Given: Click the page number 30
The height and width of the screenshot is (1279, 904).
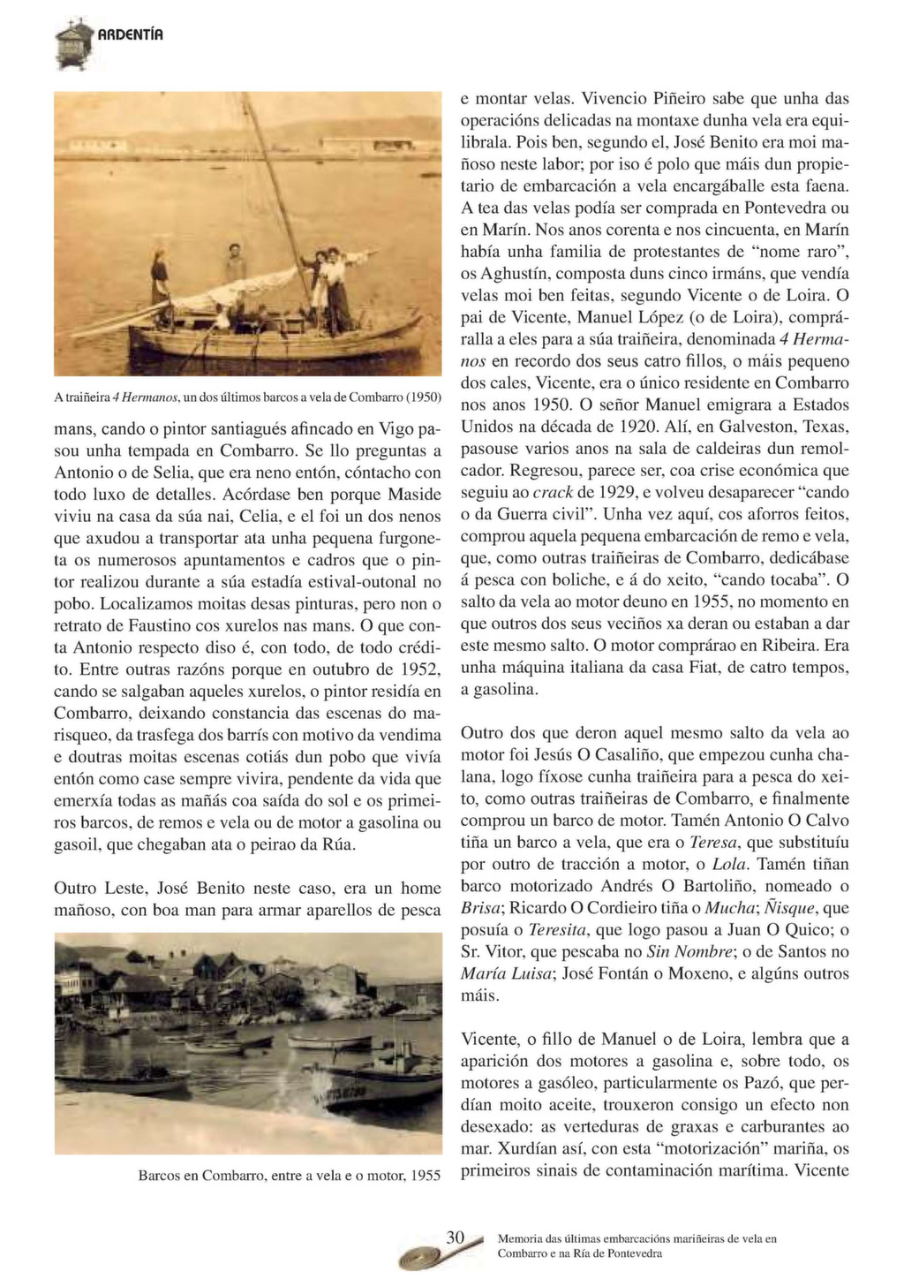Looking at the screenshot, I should tap(455, 1237).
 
